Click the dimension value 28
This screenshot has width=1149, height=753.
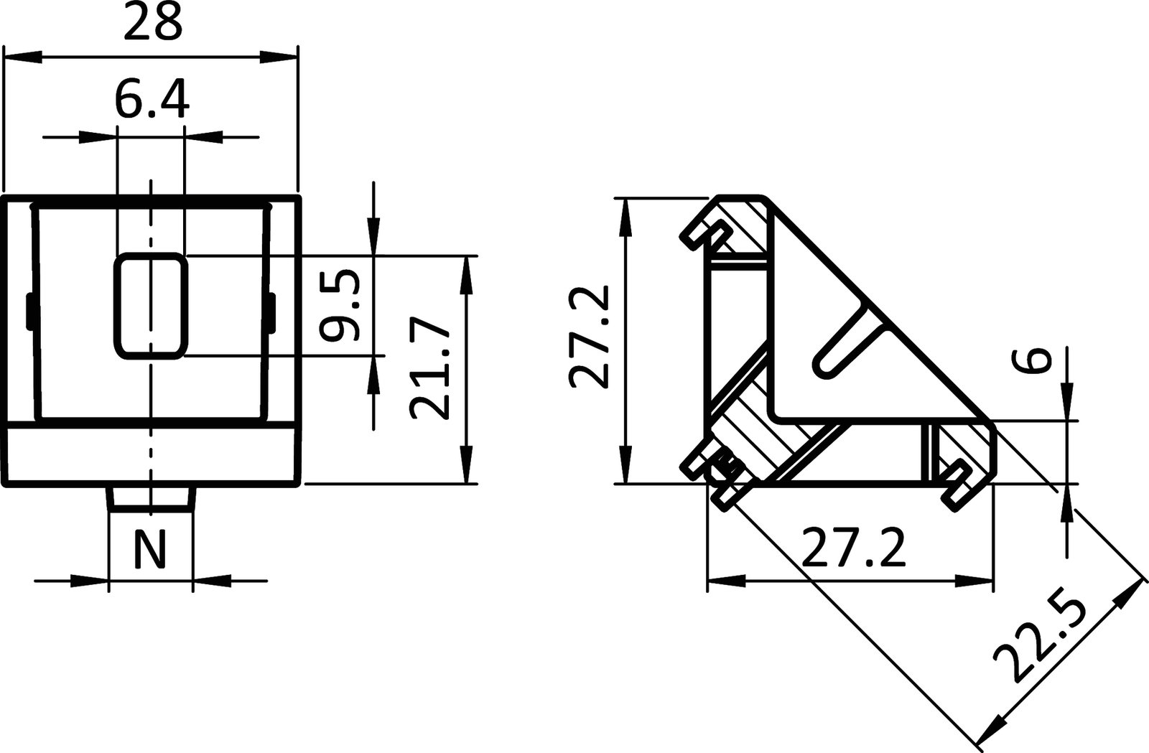pyautogui.click(x=152, y=23)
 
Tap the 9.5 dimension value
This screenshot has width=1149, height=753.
pyautogui.click(x=339, y=305)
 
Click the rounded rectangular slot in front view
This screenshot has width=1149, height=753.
pyautogui.click(x=151, y=305)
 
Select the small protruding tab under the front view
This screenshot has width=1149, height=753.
pyautogui.click(x=151, y=498)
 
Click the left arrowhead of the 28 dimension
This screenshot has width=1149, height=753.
pyautogui.click(x=22, y=56)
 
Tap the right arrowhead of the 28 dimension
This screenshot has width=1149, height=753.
pyautogui.click(x=280, y=56)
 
